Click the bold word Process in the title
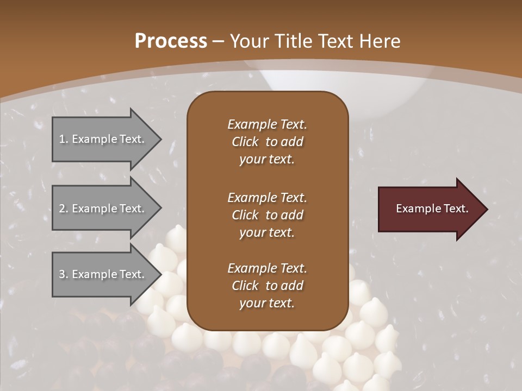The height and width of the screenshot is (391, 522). (171, 41)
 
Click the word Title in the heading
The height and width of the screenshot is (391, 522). (294, 41)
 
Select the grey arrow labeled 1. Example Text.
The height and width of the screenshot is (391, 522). (103, 139)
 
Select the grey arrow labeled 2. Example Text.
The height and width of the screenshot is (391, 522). (103, 209)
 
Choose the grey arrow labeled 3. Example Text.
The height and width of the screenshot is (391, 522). (103, 274)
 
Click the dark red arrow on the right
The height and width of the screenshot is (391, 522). (430, 209)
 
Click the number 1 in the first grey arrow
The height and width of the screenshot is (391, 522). (62, 139)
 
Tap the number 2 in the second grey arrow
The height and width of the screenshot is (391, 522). (62, 209)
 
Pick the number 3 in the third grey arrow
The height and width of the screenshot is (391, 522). (62, 274)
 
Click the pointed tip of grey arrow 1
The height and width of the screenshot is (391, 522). (159, 140)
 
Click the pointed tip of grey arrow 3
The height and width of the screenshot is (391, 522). (159, 274)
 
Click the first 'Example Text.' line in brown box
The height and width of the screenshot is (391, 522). (267, 124)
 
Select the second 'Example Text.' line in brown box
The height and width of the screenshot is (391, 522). (267, 197)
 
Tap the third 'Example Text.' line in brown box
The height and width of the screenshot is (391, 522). (267, 268)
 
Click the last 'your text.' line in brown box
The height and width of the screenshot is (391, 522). (267, 303)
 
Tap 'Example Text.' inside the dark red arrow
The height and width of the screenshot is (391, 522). (432, 209)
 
